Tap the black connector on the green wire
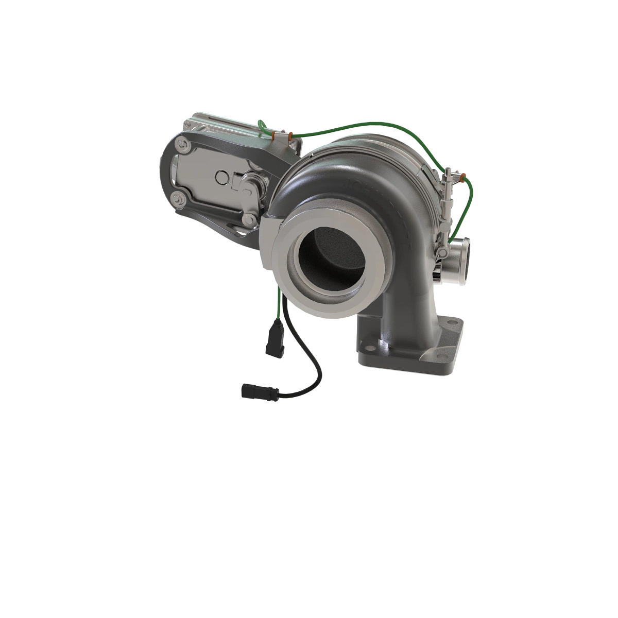point(274,340)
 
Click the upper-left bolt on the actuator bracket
point(182,146)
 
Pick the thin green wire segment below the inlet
point(279,304)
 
